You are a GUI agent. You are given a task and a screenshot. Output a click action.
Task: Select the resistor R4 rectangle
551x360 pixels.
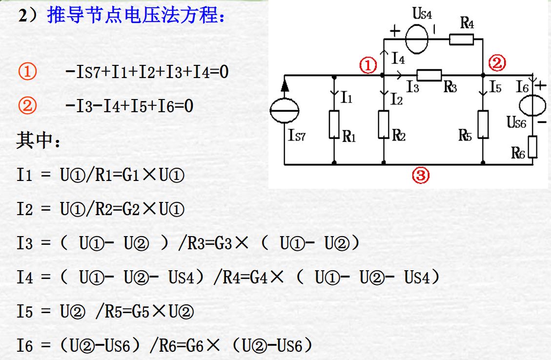pyautogui.click(x=461, y=39)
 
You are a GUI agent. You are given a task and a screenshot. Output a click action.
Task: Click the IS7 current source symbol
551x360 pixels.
pyautogui.click(x=285, y=111)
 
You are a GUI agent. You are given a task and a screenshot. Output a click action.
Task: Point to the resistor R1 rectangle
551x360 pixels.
pyautogui.click(x=334, y=124)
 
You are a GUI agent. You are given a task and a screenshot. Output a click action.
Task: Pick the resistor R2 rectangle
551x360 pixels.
pyautogui.click(x=384, y=124)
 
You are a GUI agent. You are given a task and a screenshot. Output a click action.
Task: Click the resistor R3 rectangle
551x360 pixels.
pyautogui.click(x=429, y=75)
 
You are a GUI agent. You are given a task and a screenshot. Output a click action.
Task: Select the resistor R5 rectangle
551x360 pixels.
pyautogui.click(x=483, y=124)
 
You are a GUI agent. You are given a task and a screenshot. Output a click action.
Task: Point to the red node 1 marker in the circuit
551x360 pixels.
pyautogui.click(x=368, y=65)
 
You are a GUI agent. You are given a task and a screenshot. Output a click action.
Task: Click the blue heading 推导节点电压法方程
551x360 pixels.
pyautogui.click(x=136, y=16)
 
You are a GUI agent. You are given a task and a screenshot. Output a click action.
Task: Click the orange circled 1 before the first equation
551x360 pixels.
pyautogui.click(x=27, y=72)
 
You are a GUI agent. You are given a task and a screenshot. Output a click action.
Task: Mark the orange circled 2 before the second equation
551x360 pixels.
pyautogui.click(x=27, y=105)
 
